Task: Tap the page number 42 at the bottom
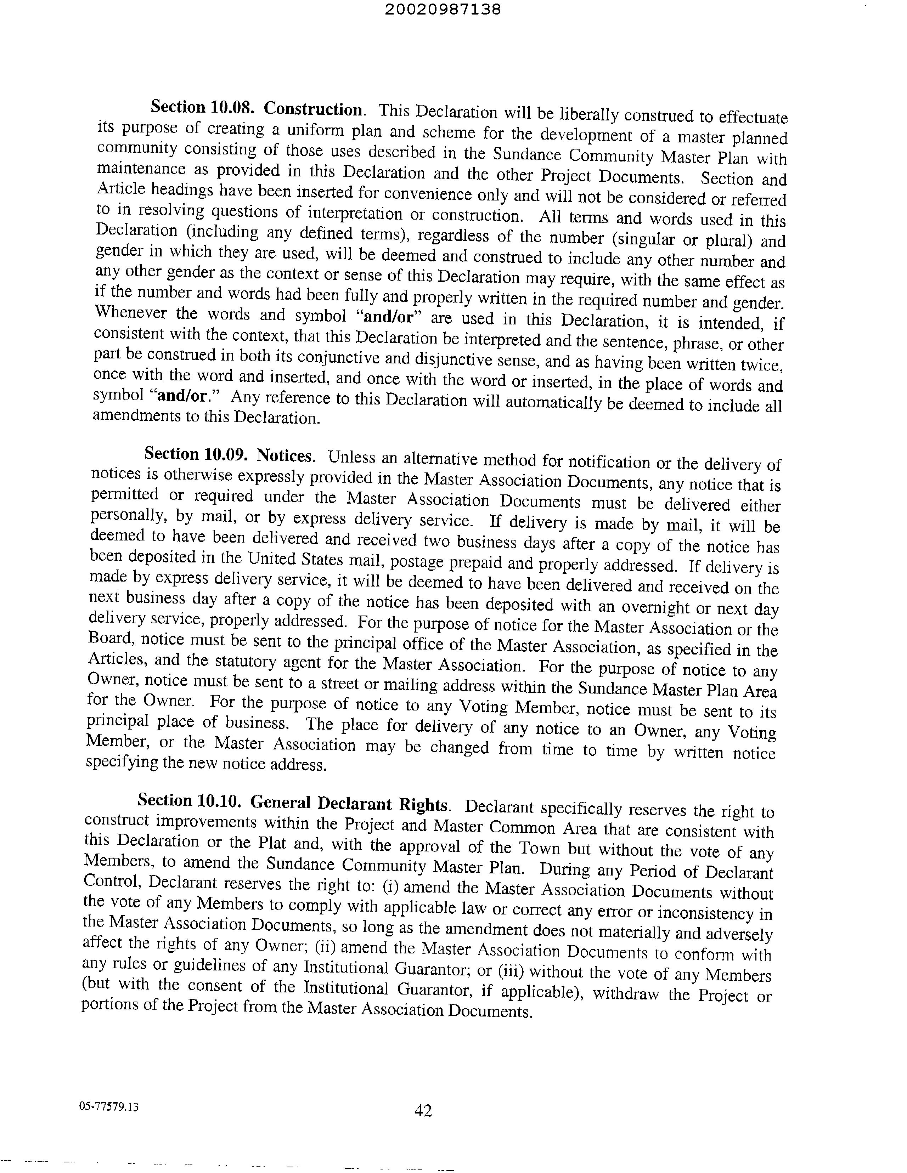[x=423, y=1110]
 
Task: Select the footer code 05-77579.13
[x=108, y=1106]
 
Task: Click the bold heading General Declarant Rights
[x=349, y=804]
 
